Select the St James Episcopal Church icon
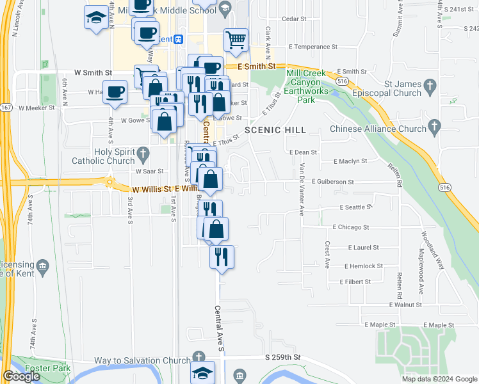(430, 85)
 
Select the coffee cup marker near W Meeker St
(115, 92)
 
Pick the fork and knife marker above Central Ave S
(222, 256)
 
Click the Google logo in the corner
(21, 376)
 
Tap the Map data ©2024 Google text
(439, 379)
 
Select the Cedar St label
(295, 19)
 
